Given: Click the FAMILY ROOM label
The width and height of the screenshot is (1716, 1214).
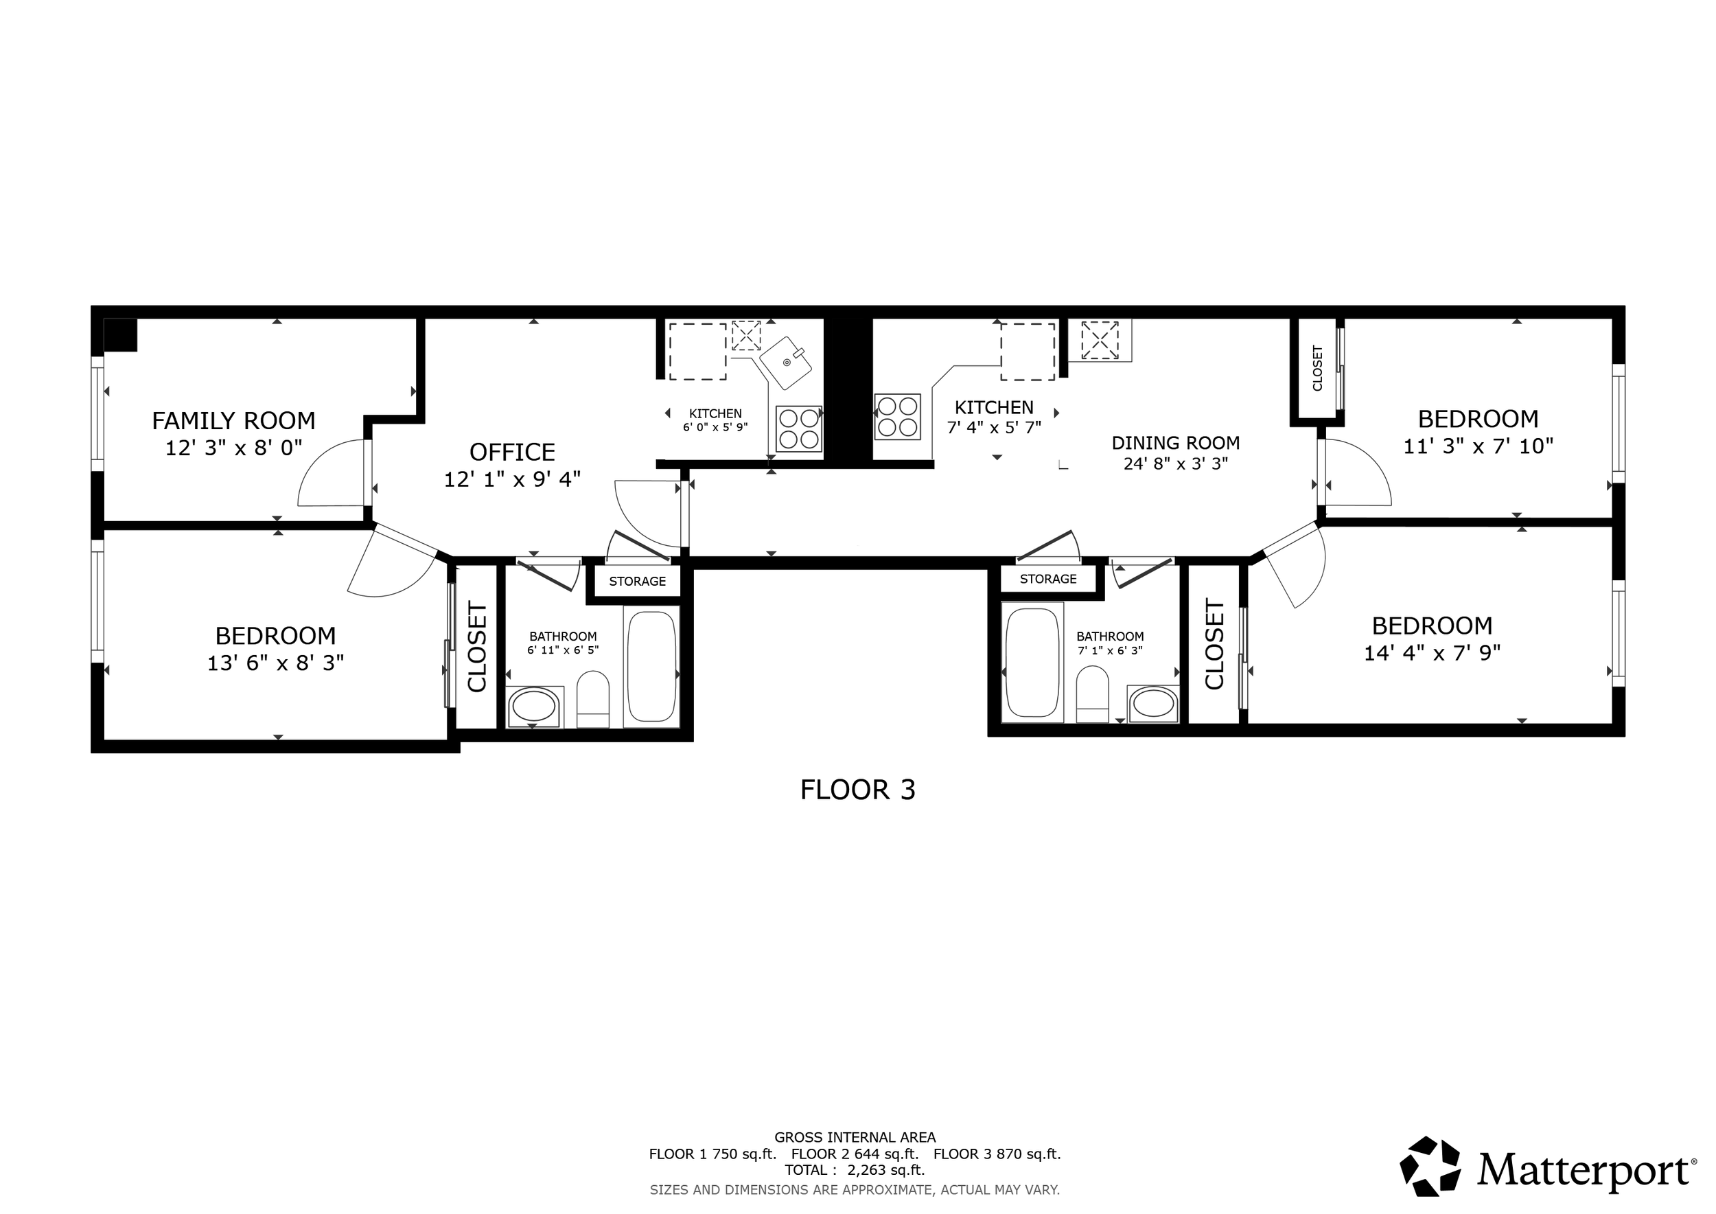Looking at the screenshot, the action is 233,421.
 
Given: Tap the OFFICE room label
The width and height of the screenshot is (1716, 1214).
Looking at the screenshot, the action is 512,453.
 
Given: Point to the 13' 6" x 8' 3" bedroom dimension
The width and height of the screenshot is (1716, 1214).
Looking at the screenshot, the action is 275,663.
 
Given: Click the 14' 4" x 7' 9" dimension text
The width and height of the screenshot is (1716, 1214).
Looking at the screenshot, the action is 1432,652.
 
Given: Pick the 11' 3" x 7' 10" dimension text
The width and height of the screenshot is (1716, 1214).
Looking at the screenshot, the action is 1479,446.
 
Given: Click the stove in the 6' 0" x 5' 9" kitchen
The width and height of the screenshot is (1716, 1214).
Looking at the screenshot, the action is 799,429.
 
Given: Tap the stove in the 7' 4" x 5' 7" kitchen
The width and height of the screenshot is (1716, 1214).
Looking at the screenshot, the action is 898,416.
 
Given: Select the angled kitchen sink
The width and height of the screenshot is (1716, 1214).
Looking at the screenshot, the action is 787,363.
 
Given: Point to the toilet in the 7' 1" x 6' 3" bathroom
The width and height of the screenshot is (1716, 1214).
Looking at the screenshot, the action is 1092,694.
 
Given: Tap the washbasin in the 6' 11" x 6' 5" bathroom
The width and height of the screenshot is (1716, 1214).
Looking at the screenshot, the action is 533,707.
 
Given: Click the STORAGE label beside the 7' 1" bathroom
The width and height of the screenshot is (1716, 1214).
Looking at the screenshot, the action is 1048,580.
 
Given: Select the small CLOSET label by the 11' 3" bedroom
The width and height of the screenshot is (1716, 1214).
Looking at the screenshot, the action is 1317,368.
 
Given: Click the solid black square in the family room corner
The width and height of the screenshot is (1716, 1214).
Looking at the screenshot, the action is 120,335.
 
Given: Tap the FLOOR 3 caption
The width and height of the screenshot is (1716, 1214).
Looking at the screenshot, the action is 857,790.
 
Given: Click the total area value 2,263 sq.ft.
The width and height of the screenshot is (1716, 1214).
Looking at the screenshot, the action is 885,1171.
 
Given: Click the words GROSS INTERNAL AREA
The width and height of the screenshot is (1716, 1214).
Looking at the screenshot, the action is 855,1138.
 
